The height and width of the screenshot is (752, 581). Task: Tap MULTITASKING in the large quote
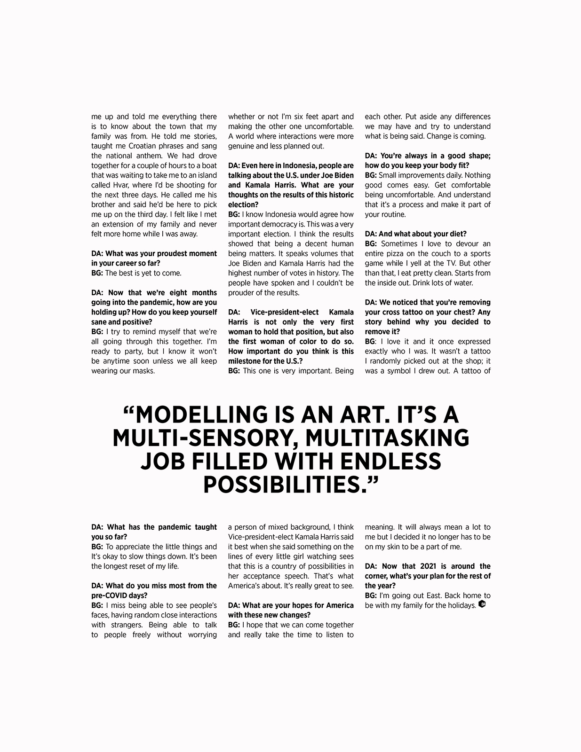[387, 438]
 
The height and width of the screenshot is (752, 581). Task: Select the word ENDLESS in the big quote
[390, 461]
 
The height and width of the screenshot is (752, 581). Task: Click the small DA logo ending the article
[481, 604]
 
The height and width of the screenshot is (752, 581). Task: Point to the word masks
[143, 371]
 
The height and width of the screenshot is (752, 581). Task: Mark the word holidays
[461, 605]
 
